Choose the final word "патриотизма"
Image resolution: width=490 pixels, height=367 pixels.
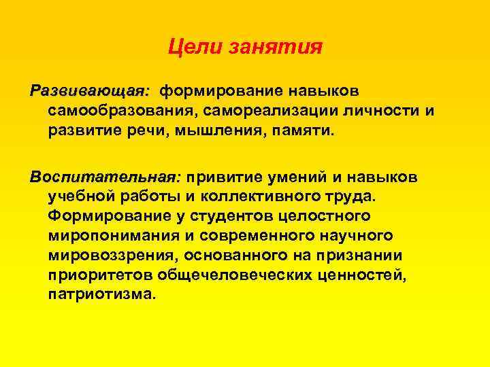pyautogui.click(x=101, y=295)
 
